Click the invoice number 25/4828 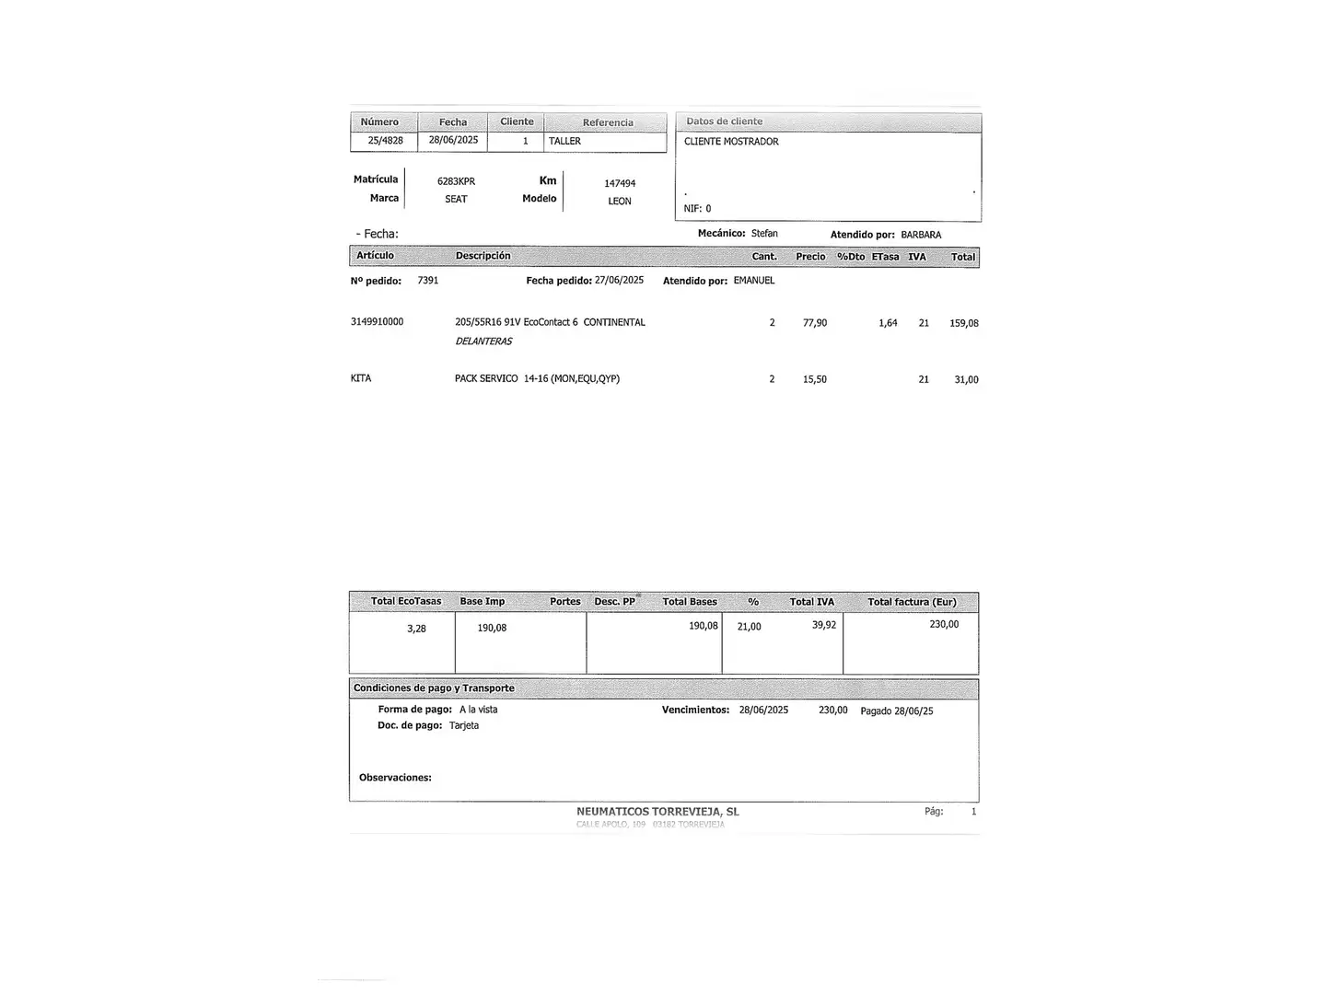(385, 141)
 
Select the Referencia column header (608, 122)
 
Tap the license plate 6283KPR (456, 182)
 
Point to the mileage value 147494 (620, 184)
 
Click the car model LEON (620, 202)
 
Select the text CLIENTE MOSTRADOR (731, 142)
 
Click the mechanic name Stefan (764, 234)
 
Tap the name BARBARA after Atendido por (921, 235)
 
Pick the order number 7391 (428, 281)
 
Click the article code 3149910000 (377, 322)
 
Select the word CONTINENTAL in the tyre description (614, 323)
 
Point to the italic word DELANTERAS (483, 341)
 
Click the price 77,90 (815, 323)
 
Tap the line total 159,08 (964, 324)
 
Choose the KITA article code (361, 378)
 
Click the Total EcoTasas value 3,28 (416, 629)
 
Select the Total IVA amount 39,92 (824, 625)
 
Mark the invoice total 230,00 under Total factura (944, 624)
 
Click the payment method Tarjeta (464, 725)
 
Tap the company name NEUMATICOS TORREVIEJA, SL (657, 812)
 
